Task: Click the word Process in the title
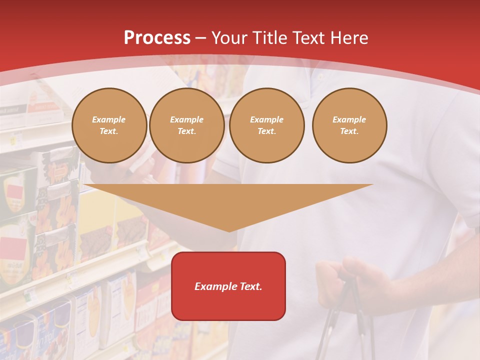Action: point(157,38)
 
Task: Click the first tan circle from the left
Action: point(109,125)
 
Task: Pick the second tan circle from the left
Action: point(186,125)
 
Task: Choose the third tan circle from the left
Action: point(266,125)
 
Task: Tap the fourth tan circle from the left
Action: point(349,125)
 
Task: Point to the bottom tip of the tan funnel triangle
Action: point(229,231)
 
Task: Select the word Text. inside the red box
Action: point(251,286)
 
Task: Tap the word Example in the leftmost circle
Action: point(109,119)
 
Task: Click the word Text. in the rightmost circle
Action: point(349,131)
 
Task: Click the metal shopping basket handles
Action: point(345,320)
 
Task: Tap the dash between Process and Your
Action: point(200,38)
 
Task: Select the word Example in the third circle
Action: point(266,119)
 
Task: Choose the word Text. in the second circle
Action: point(186,131)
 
